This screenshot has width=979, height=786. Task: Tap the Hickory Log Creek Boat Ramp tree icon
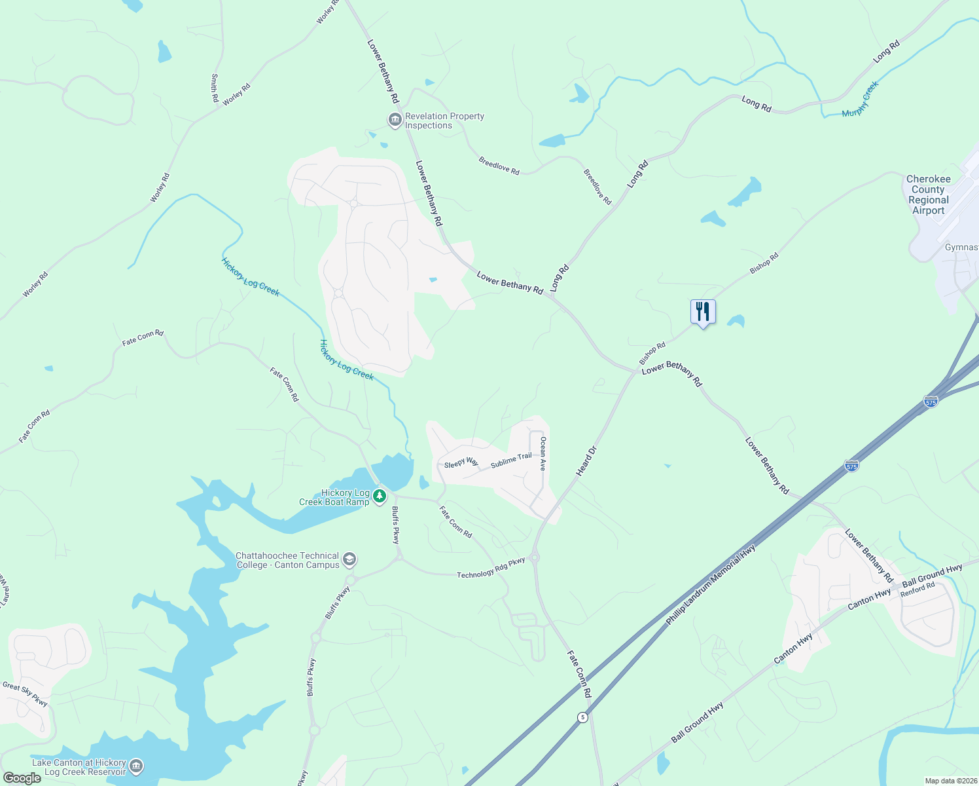coord(380,498)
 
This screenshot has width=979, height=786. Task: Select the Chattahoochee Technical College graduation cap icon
coord(349,559)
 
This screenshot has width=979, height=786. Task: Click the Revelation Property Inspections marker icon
coord(395,120)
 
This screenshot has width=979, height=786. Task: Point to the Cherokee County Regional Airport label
coord(928,195)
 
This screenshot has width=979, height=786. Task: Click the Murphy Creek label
coord(860,100)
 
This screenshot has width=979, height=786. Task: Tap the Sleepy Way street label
coord(461,462)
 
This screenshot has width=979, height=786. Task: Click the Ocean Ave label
coord(543,454)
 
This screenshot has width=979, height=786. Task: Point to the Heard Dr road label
coord(586,461)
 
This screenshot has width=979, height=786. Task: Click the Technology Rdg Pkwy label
coord(491,568)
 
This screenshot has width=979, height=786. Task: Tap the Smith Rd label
coord(215,88)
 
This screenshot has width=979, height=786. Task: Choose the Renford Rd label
coord(917,589)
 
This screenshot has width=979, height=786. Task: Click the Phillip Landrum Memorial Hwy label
coord(711,584)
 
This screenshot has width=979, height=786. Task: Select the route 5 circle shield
coord(582,717)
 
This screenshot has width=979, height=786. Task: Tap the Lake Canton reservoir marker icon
coord(136,766)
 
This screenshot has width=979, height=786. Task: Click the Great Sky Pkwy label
coord(26,694)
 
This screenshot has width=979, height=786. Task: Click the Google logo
coord(22,778)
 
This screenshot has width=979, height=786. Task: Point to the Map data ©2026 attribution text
coord(951,781)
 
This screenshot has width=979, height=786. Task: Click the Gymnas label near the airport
coord(961,248)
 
